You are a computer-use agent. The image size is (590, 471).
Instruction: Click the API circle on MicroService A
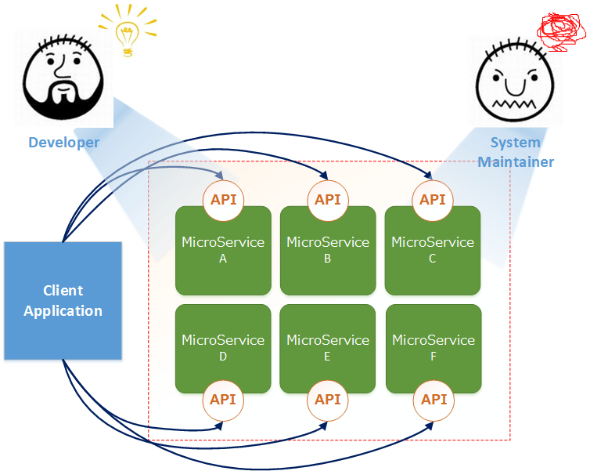[224, 200]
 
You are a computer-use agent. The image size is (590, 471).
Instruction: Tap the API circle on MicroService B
[328, 200]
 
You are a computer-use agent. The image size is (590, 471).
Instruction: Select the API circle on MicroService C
[433, 200]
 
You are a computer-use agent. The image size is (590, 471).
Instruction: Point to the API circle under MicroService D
[224, 400]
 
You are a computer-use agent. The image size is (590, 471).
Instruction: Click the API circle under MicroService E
[328, 400]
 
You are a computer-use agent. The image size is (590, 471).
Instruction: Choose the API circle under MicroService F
[434, 400]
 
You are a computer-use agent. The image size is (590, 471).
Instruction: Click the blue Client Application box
[63, 301]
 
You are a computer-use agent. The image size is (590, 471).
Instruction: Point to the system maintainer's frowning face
[516, 82]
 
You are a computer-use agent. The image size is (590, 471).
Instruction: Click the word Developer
[64, 143]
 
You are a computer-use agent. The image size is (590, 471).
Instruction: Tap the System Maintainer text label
[516, 153]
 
